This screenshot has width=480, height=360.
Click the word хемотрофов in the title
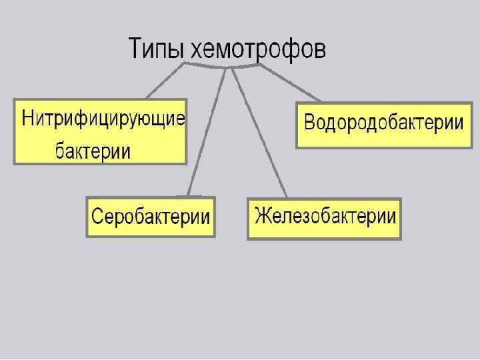click(x=258, y=50)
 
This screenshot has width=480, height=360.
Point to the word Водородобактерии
click(x=383, y=123)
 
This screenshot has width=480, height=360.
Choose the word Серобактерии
click(x=151, y=217)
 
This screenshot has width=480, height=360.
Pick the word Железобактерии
click(x=325, y=216)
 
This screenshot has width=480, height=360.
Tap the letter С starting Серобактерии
click(x=97, y=217)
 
